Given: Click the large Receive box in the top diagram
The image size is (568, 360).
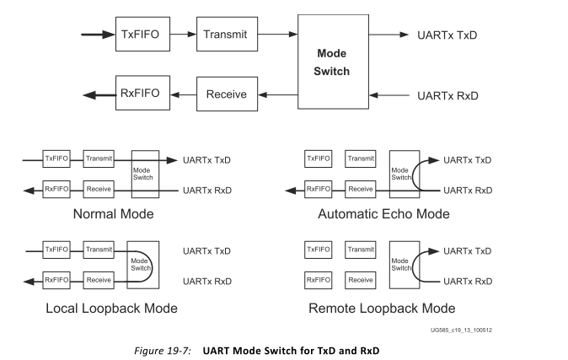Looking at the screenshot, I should [227, 94].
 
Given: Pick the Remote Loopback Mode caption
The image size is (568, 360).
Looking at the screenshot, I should [383, 307].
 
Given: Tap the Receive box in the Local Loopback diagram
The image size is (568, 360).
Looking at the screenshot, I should [98, 278].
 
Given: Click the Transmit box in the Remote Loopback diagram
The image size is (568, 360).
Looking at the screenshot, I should [360, 250].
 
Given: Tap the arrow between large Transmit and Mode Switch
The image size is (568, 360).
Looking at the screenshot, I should [279, 35].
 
